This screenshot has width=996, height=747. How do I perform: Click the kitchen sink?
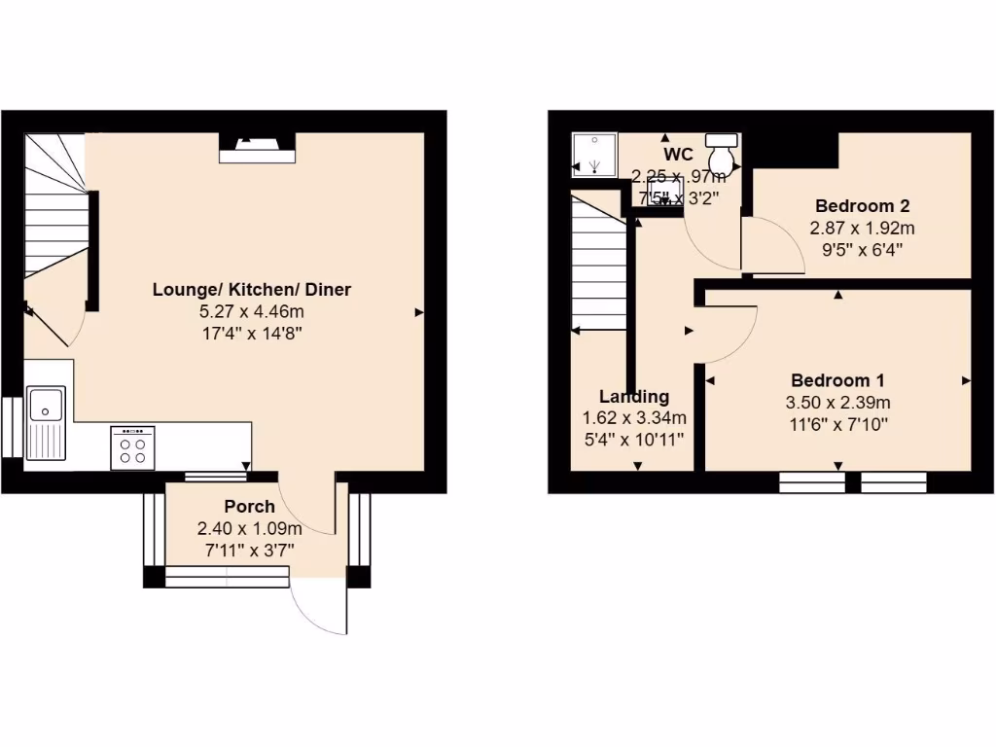coord(47,422)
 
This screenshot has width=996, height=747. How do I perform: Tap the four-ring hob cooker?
coord(132,447)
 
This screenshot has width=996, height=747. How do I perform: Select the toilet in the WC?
coord(722,154)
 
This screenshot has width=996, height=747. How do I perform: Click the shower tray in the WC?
coord(591,154)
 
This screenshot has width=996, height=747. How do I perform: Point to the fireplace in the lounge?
coord(257,148)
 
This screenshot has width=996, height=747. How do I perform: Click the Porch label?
coord(249,507)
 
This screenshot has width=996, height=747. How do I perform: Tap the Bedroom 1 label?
coord(836,380)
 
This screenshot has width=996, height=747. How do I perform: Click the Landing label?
coord(633,397)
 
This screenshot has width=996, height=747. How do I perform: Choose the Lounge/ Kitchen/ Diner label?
coord(251,290)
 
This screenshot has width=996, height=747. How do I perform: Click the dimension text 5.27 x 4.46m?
coord(251,311)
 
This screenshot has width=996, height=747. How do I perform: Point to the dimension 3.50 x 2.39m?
coord(836,403)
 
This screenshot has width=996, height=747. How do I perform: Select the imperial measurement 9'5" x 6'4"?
coord(862,250)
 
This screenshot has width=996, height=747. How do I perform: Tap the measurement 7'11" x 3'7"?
coord(249,550)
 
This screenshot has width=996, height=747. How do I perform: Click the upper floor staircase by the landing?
coord(596,267)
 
